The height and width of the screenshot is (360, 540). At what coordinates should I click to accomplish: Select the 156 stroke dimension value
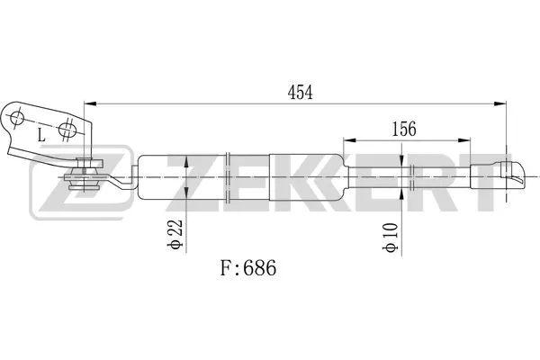click(403, 129)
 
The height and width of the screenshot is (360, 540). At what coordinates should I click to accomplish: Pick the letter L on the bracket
click(41, 136)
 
